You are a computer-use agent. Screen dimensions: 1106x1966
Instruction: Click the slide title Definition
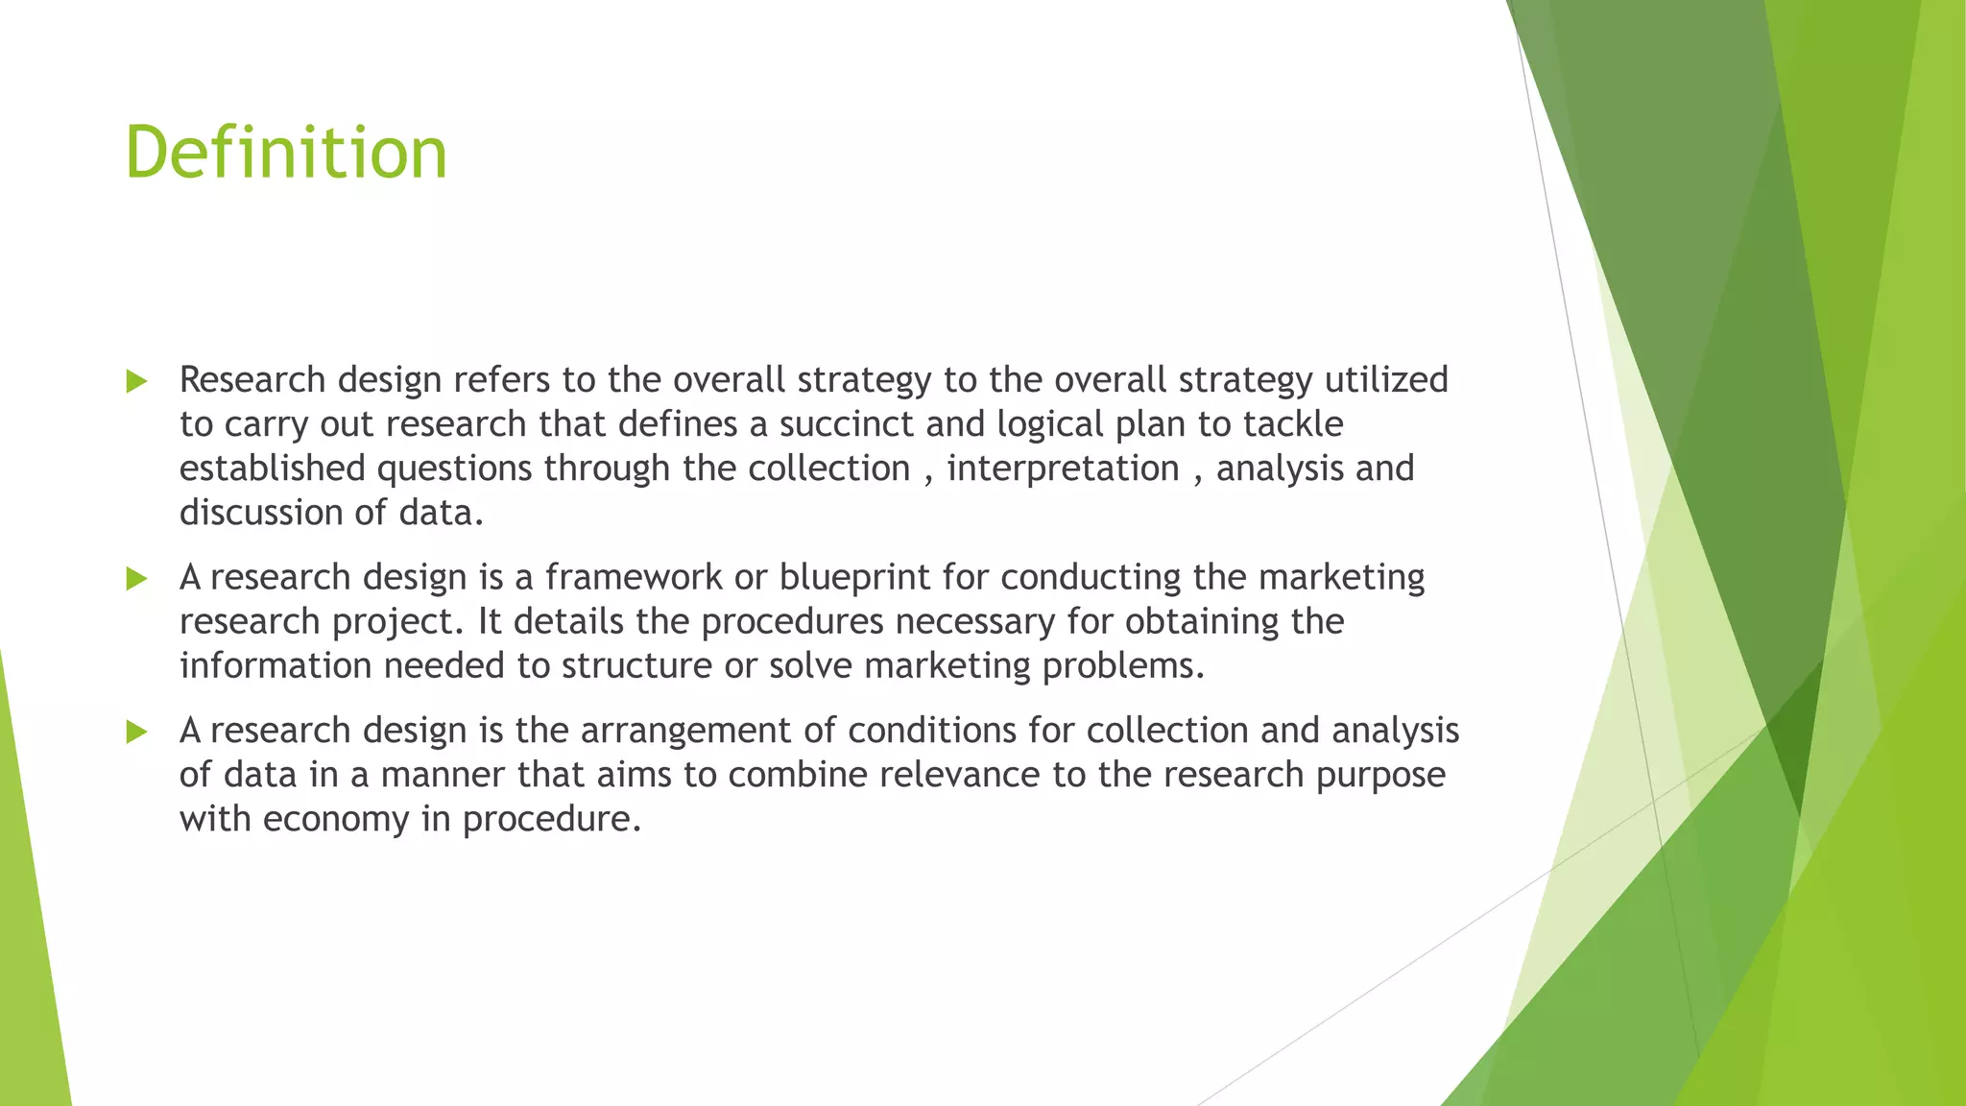(286, 153)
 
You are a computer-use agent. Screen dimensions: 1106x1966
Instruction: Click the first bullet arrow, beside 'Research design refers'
(137, 381)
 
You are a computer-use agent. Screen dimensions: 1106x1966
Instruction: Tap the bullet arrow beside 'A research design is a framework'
(137, 578)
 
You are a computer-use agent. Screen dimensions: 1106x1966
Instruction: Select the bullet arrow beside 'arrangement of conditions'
(137, 732)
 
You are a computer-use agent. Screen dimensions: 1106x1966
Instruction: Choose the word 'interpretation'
(1063, 468)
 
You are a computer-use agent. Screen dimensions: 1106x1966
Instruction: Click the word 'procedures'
(792, 622)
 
